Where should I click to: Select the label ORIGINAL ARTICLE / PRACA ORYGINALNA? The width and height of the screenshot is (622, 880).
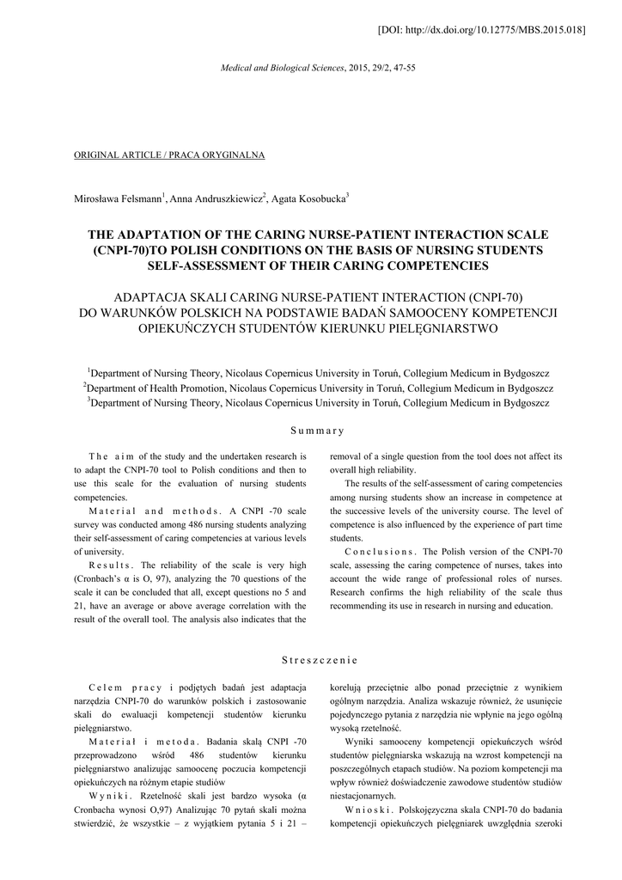[170, 155]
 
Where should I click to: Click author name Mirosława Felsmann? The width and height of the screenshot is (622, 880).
[119, 199]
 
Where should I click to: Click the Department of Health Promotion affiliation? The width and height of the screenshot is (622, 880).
[318, 388]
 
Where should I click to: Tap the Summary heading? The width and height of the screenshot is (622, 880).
[317, 431]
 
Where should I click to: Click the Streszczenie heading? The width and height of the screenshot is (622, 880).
[317, 660]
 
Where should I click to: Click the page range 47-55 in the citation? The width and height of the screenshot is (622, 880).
[401, 67]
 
